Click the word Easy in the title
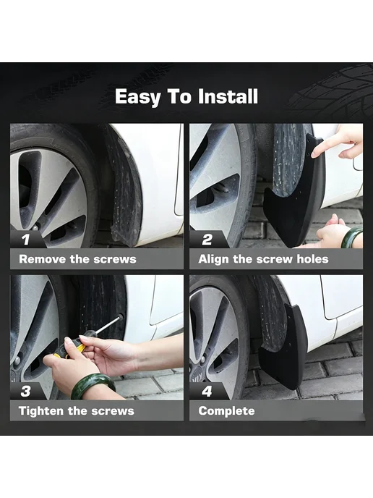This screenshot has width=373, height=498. click(137, 97)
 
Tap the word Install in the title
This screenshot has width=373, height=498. click(228, 96)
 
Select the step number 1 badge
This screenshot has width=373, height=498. click(26, 239)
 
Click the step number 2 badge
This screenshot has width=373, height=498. click(207, 239)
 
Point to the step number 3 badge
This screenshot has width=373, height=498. click(26, 391)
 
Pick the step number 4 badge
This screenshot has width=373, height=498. click(207, 391)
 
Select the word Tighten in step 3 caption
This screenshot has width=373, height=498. click(41, 410)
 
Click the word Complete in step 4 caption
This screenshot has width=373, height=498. click(226, 411)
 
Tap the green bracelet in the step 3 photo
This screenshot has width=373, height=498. click(93, 386)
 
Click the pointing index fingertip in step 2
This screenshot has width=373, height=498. click(314, 154)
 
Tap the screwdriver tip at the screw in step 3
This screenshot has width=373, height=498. click(120, 317)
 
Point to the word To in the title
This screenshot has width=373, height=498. click(179, 96)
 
